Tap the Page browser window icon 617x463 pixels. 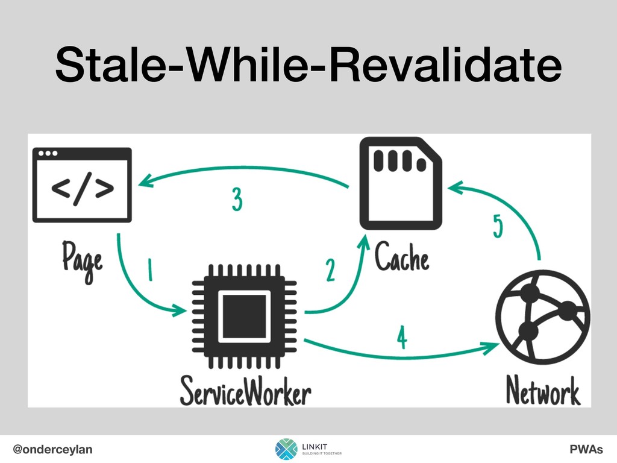(x=83, y=184)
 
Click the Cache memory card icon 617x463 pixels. (x=400, y=189)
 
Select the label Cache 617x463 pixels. (x=402, y=259)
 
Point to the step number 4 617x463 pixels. (x=402, y=338)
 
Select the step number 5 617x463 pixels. (x=498, y=227)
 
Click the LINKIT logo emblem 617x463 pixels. (x=286, y=449)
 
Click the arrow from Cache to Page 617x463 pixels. (x=241, y=171)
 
